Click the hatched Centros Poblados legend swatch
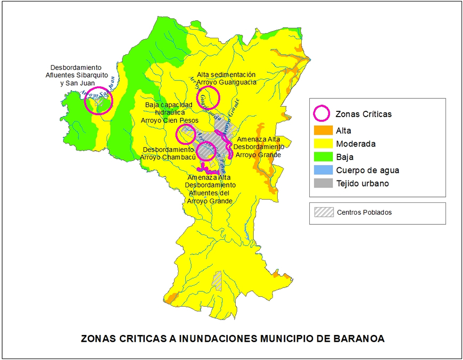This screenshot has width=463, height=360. pyautogui.click(x=323, y=212)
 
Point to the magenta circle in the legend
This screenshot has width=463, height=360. pyautogui.click(x=321, y=113)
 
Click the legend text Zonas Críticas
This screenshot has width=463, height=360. pyautogui.click(x=363, y=114)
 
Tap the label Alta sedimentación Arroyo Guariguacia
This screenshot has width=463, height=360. pyautogui.click(x=227, y=78)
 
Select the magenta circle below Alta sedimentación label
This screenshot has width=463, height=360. pyautogui.click(x=208, y=98)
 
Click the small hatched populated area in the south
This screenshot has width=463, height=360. pyautogui.click(x=217, y=280)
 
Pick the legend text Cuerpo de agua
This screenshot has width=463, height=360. pyautogui.click(x=368, y=170)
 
